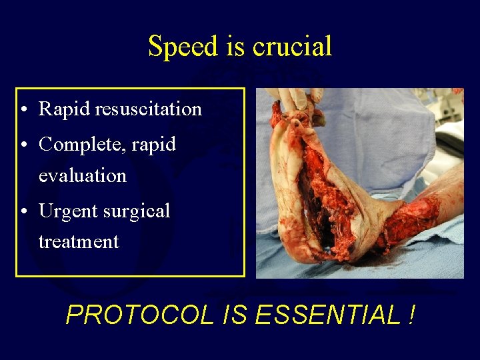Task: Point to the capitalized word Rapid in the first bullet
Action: coord(65,109)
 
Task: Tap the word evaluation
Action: coord(82,175)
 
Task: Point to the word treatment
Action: coord(79,241)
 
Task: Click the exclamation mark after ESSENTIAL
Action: coord(409,315)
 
